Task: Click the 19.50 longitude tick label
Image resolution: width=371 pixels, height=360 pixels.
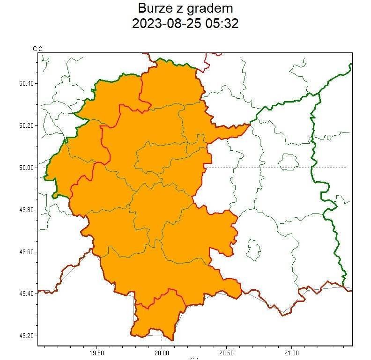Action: coord(96,353)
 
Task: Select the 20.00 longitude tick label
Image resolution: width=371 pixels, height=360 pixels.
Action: coord(162,353)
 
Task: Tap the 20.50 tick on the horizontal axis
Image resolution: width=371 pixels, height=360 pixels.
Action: coord(226,353)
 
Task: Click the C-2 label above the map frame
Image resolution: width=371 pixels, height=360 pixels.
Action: coord(37,49)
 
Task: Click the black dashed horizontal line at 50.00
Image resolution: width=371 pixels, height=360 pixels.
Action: coord(276,168)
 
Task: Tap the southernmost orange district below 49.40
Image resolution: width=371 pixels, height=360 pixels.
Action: coord(157,316)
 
